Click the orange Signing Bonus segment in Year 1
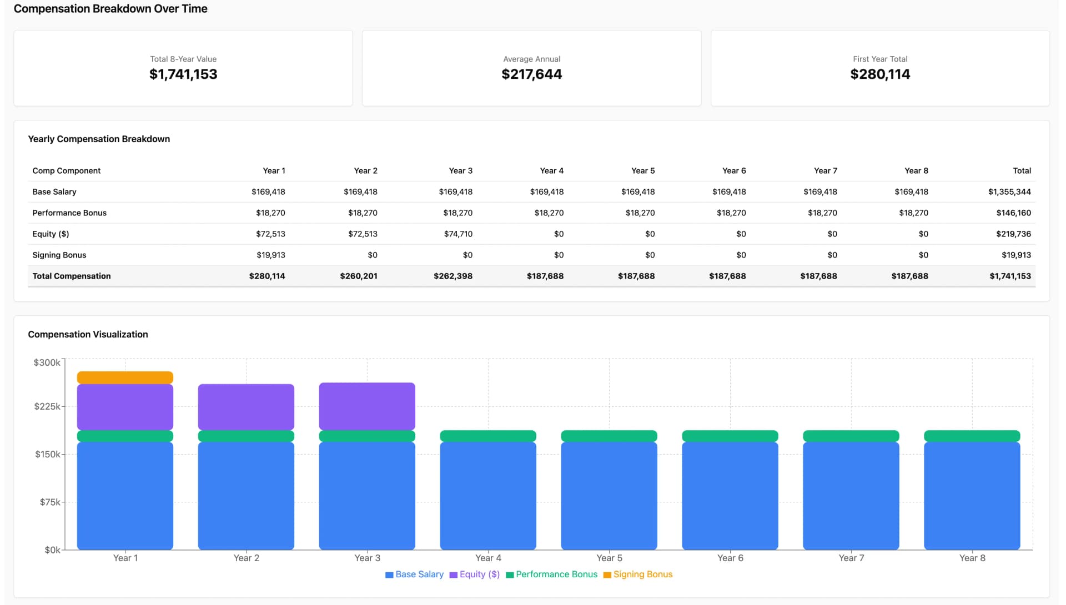[125, 377]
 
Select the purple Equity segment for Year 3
[367, 406]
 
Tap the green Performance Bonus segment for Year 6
[730, 436]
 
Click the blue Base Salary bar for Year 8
[972, 495]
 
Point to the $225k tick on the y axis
[47, 406]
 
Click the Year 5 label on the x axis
[609, 558]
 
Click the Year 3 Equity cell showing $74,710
[458, 234]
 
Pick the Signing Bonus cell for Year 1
[270, 255]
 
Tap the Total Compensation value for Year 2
[359, 276]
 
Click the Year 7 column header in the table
[825, 170]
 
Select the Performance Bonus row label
[69, 213]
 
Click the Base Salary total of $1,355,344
[1009, 191]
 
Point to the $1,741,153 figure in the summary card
[183, 74]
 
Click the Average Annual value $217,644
[531, 74]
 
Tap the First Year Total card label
[879, 59]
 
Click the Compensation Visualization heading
[88, 334]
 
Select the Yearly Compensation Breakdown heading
[99, 139]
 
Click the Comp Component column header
[66, 170]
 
